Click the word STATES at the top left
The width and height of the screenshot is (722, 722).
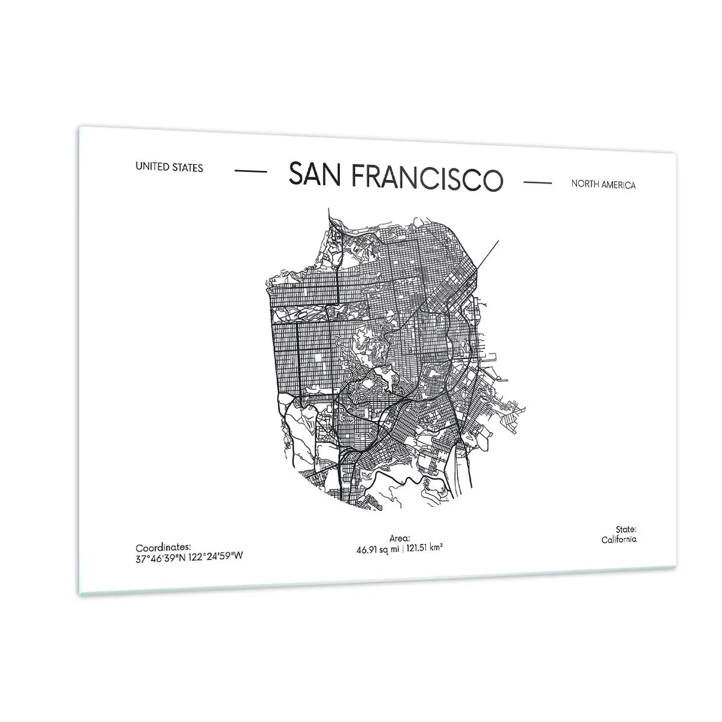tap(188, 168)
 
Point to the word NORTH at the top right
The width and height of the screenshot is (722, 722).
tap(585, 184)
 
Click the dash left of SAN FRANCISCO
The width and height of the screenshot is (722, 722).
tap(250, 171)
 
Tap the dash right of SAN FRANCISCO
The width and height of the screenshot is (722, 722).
tap(538, 182)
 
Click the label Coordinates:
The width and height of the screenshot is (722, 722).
tap(163, 548)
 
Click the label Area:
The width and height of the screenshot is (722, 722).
tap(400, 539)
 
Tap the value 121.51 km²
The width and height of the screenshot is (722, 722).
tap(425, 548)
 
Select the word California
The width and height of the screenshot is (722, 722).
tap(619, 540)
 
